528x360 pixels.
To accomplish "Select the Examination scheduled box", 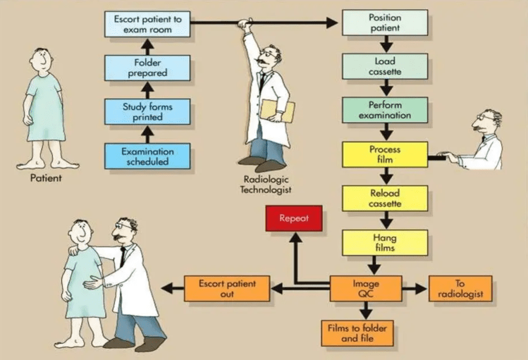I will tap(147, 156).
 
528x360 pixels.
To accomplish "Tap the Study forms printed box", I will tap(147, 111).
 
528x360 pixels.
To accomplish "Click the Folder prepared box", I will tap(147, 68).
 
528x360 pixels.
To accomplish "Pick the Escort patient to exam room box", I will tap(147, 24).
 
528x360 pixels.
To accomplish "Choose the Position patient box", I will tap(385, 23).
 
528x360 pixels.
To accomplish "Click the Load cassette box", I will tap(385, 66).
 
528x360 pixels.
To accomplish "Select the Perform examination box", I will tap(385, 111).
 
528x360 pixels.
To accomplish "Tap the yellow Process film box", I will tap(385, 154).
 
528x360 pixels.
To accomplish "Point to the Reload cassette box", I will tap(385, 199).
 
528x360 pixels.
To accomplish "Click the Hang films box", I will tap(385, 243).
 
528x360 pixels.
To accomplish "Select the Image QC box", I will tap(366, 289).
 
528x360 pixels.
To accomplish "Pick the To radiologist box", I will tap(460, 289).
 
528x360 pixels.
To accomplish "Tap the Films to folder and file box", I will tap(356, 333).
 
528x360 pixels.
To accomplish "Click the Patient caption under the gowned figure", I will tap(46, 178).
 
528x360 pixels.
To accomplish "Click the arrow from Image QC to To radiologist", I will tap(415, 289).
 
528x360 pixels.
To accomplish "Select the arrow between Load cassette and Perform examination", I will tap(385, 89).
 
